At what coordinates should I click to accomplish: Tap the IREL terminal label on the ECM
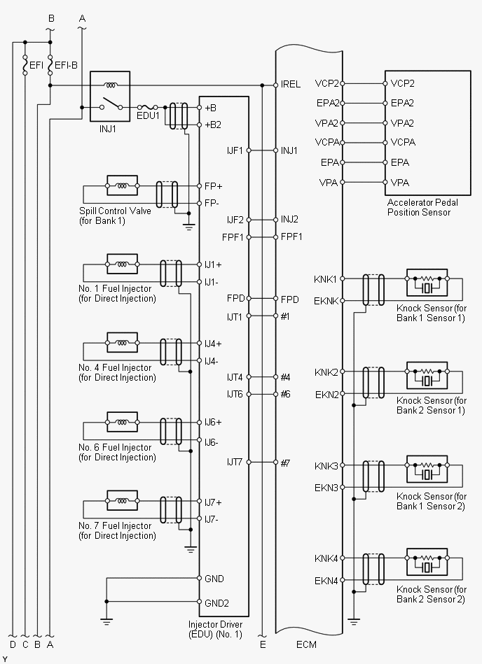(291, 84)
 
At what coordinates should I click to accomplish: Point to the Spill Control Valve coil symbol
(121, 187)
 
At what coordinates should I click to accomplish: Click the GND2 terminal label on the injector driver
(216, 602)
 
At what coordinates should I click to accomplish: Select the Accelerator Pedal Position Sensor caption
(418, 208)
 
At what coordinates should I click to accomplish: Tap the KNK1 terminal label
(326, 279)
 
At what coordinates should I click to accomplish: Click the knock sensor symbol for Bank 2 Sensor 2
(427, 565)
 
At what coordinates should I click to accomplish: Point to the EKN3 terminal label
(326, 488)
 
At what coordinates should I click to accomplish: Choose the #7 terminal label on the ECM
(286, 462)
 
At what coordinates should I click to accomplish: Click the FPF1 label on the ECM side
(292, 237)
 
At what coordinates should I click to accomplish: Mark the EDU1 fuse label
(148, 115)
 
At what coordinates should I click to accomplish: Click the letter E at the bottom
(263, 644)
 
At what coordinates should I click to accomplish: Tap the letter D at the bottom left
(12, 644)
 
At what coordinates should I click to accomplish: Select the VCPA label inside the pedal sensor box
(403, 142)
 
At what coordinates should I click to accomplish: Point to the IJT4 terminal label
(234, 377)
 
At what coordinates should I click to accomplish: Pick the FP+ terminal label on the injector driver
(213, 186)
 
